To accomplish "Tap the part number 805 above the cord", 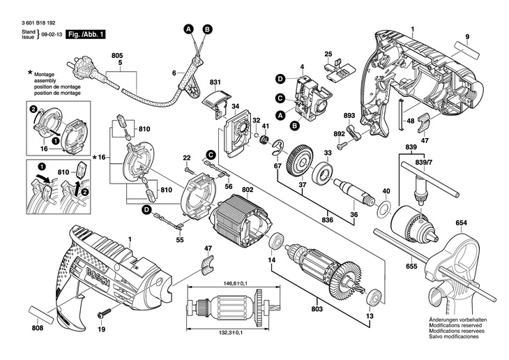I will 116,55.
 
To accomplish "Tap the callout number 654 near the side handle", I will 461,223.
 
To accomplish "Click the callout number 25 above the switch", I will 328,54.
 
